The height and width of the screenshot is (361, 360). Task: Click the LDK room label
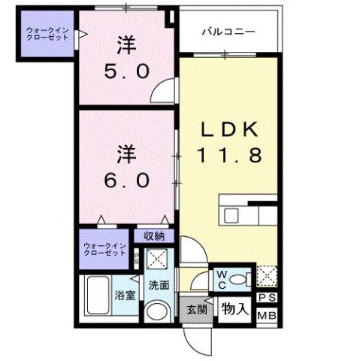[x=228, y=130]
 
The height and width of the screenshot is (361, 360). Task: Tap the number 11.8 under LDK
[x=228, y=156]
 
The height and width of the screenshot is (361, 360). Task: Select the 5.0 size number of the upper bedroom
[x=129, y=72]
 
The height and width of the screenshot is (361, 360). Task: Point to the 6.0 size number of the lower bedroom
[x=130, y=181]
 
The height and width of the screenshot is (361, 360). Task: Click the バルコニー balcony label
[x=228, y=32]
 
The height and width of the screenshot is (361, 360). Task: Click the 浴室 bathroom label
[x=126, y=295]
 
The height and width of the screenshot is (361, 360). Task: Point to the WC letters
[x=223, y=280]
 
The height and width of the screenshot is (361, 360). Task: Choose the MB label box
[x=267, y=315]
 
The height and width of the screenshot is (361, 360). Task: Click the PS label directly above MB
[x=267, y=299]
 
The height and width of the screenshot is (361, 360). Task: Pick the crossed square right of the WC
[x=267, y=277]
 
